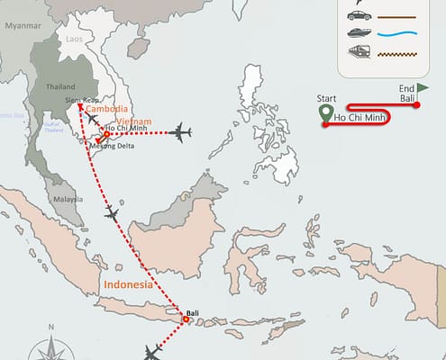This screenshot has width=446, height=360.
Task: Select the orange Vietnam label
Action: point(133,121)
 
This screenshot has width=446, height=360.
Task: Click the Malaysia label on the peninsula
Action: point(68,198)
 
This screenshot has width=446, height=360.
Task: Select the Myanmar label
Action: point(23,25)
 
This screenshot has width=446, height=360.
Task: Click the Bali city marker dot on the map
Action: point(185,319)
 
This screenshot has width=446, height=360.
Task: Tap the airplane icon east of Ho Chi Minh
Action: point(180,133)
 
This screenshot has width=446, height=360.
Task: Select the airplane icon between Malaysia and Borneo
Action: point(112,213)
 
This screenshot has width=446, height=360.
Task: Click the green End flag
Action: point(423,87)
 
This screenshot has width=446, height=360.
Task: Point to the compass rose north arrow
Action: point(52,340)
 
